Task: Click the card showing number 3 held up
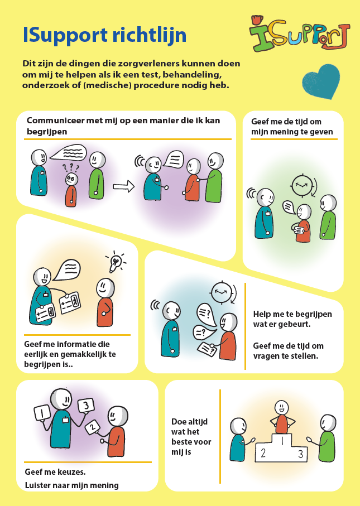pyautogui.click(x=86, y=406)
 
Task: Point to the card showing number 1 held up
pyautogui.click(x=42, y=413)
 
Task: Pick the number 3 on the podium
pyautogui.click(x=300, y=454)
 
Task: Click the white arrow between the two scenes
pyautogui.click(x=123, y=186)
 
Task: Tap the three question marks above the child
pyautogui.click(x=70, y=167)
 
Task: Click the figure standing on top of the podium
pyautogui.click(x=281, y=417)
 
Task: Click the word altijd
pyautogui.click(x=194, y=422)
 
